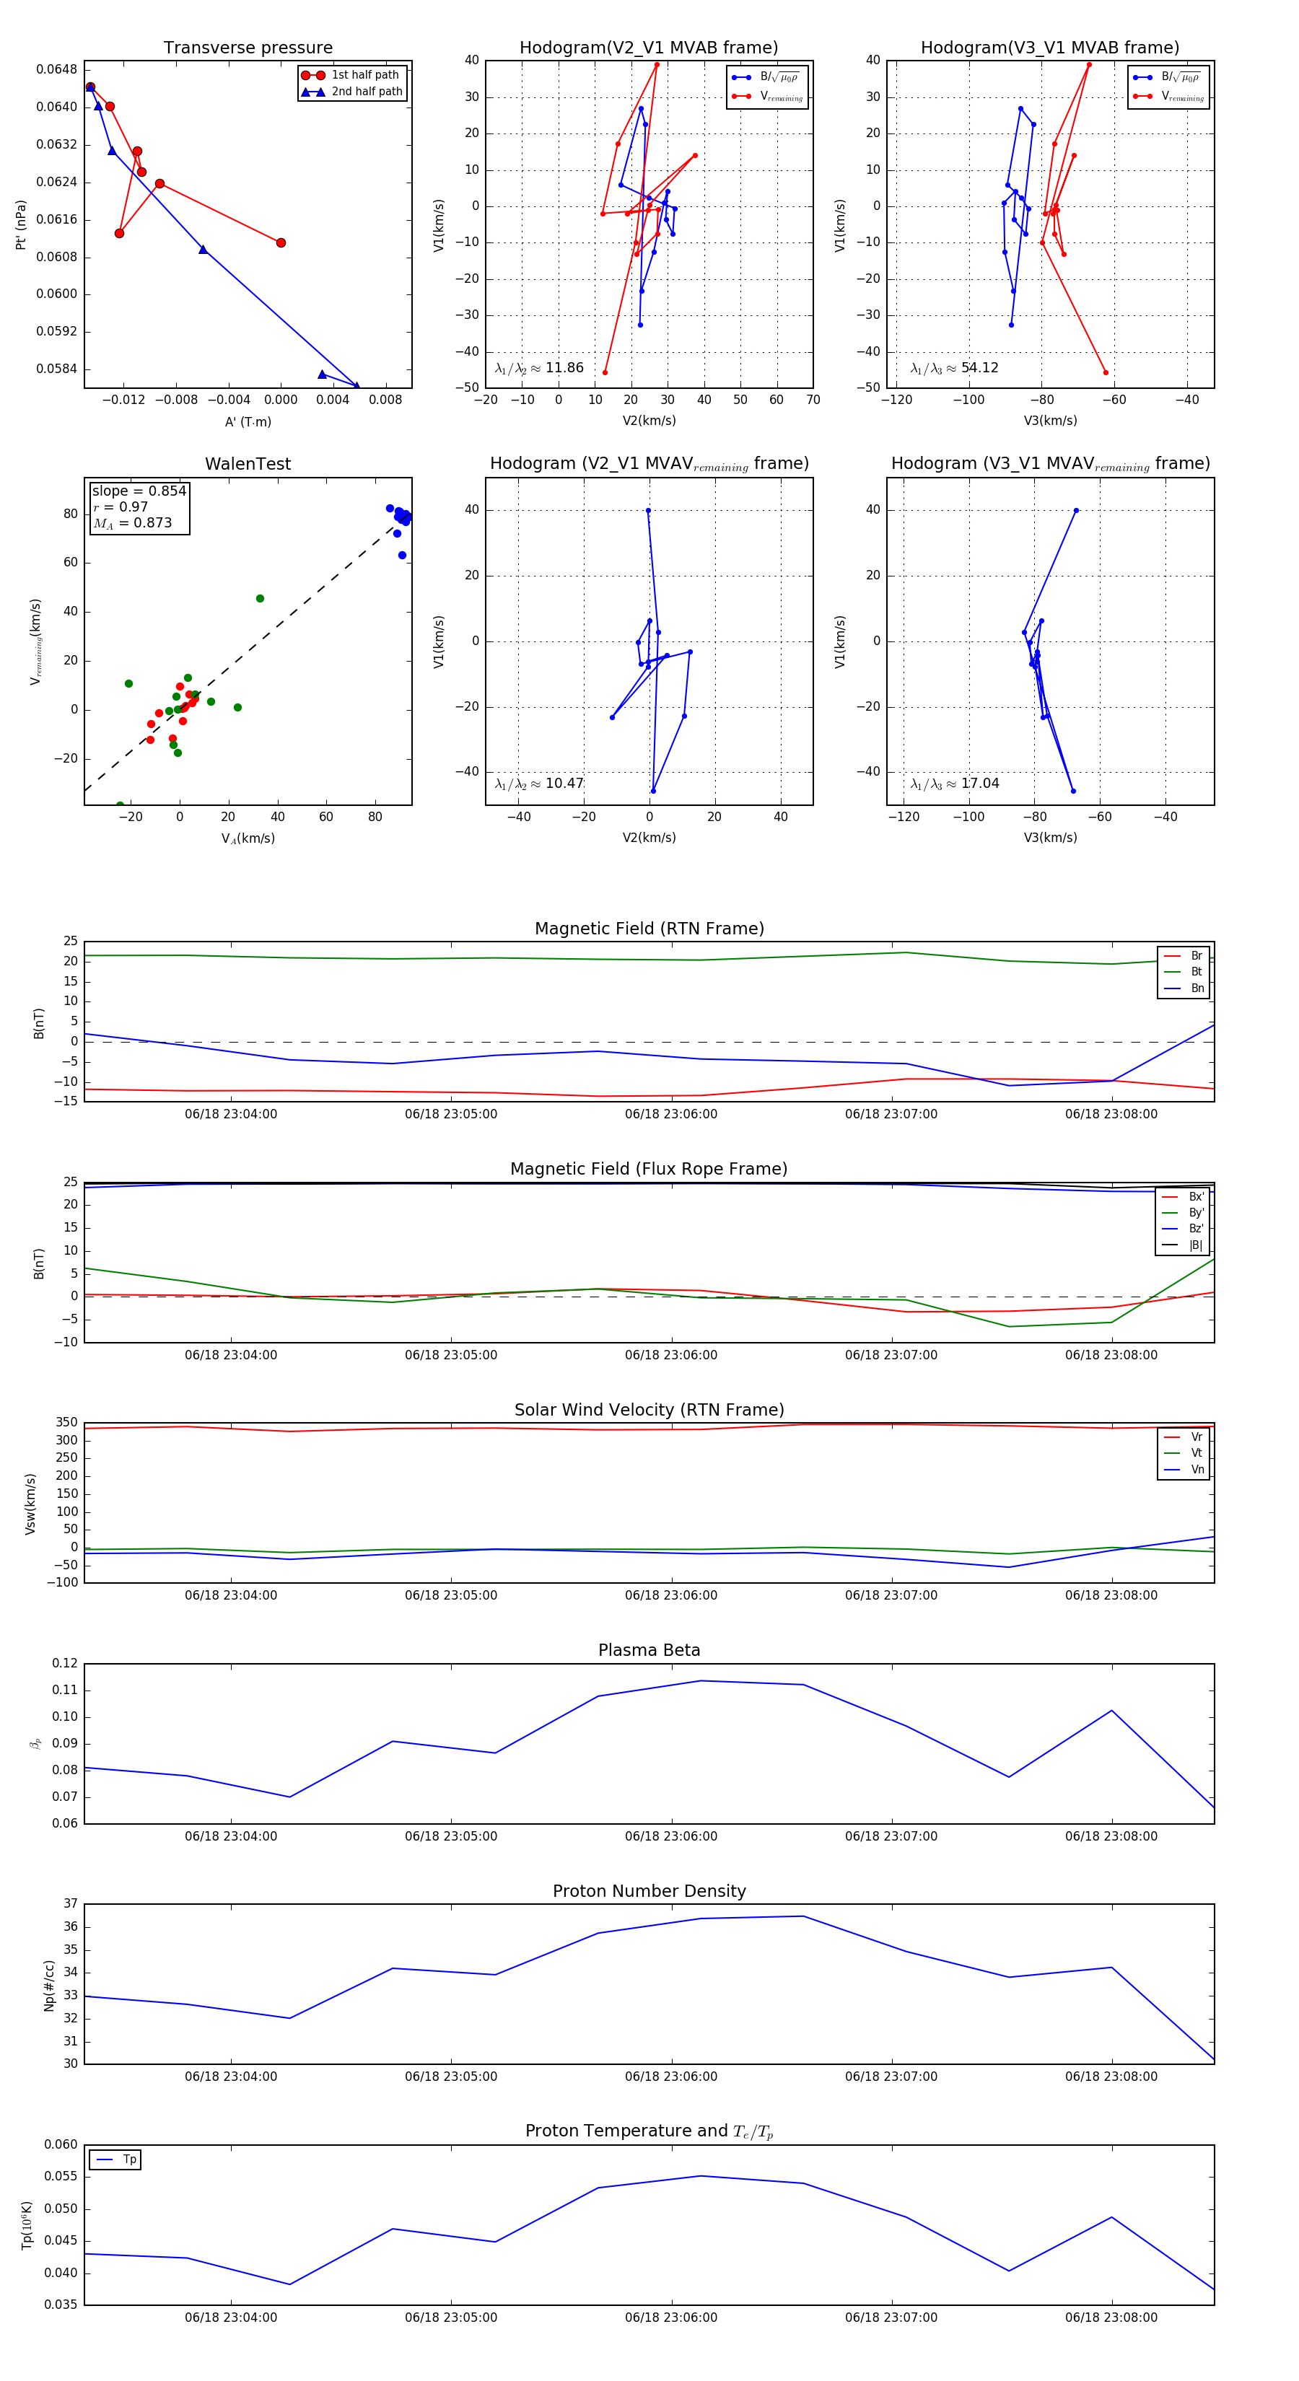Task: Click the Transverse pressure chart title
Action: click(248, 48)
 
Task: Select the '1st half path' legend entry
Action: click(365, 75)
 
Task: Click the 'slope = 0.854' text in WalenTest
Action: click(139, 491)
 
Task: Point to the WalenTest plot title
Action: click(248, 464)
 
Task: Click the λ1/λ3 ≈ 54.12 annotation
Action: click(954, 368)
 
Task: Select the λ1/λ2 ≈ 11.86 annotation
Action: click(539, 368)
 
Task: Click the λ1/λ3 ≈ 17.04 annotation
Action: click(954, 784)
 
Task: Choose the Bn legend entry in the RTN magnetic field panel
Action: click(1197, 988)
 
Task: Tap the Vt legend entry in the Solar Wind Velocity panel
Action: click(1197, 1453)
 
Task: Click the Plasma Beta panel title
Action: click(649, 1651)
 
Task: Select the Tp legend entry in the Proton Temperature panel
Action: click(129, 2160)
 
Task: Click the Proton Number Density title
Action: click(649, 1891)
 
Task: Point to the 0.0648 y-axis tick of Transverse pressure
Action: click(56, 69)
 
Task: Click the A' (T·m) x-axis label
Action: click(248, 422)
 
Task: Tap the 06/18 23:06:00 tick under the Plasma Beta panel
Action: click(670, 1836)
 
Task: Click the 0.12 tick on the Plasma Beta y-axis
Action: click(65, 1663)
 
